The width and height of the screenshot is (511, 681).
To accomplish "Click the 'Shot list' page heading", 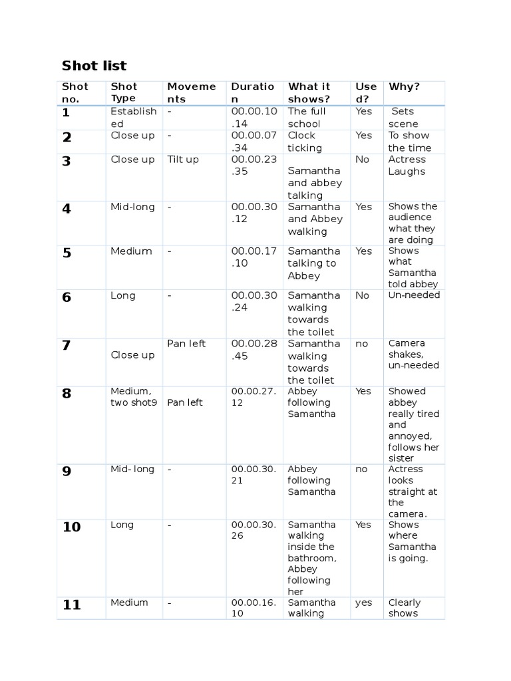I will (94, 65).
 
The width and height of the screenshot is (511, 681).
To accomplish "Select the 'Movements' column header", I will (192, 92).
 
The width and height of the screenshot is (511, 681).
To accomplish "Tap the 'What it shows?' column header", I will (309, 92).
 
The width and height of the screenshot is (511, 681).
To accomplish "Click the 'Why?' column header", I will (404, 86).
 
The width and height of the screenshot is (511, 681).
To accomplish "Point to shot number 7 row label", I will (66, 345).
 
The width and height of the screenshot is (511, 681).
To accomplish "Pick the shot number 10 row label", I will (71, 527).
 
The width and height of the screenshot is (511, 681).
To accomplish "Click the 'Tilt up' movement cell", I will (183, 160).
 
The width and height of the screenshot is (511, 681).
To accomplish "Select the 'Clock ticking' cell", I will (305, 142).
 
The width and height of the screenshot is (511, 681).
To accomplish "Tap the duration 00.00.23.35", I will (254, 165).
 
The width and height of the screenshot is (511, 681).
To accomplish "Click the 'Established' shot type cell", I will (134, 117).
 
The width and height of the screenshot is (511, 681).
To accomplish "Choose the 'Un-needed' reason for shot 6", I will (414, 295).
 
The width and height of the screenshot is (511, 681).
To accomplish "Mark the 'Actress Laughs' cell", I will (407, 165).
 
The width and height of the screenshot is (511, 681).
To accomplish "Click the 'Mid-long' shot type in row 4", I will (132, 207).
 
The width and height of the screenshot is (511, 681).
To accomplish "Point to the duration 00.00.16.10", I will (254, 608).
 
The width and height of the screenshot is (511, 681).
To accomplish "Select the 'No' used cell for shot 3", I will (362, 160).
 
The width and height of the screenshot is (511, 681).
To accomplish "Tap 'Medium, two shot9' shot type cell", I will (134, 396).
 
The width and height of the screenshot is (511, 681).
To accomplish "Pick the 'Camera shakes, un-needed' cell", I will (414, 354).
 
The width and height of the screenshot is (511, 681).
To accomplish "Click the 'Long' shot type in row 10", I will (122, 525).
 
